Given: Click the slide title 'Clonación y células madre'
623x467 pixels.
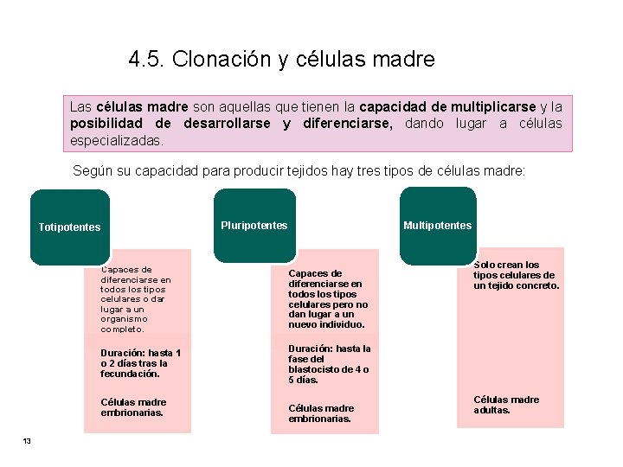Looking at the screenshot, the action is [303, 60].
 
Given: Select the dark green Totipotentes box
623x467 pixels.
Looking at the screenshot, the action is [69, 227].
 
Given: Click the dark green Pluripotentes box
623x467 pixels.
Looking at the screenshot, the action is [254, 225].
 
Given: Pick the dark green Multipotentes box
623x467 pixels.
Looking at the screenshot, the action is [437, 225].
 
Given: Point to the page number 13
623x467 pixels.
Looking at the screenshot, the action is [27, 442].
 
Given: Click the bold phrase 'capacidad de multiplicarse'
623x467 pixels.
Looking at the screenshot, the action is [447, 106].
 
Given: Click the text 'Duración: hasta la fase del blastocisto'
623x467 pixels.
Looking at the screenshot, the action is [329, 364].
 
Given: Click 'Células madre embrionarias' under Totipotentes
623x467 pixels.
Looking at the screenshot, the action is [133, 407].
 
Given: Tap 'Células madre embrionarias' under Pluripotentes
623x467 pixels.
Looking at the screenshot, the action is [321, 413].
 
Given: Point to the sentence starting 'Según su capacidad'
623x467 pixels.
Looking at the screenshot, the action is [299, 171].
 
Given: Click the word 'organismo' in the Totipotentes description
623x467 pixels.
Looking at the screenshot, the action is [122, 318].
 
